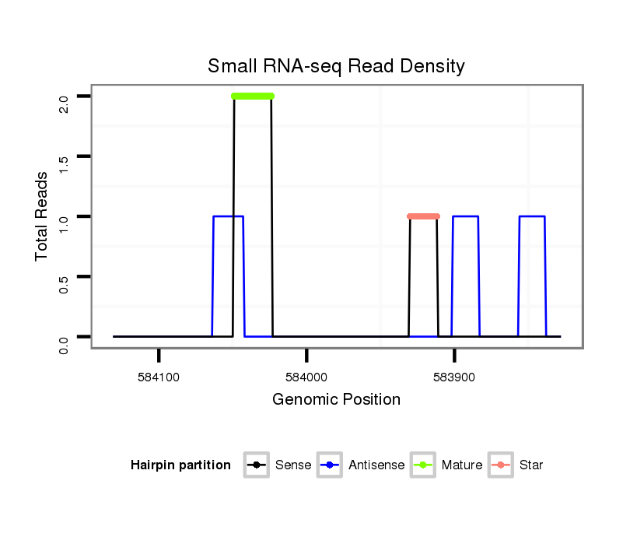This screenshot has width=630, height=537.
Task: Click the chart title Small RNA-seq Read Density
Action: tap(336, 66)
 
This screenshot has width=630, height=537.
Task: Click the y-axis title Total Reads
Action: tap(42, 216)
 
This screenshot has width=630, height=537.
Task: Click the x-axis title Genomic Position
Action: tap(336, 400)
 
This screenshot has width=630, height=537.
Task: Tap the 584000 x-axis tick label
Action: tap(306, 377)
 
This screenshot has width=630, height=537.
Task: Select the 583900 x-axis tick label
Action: tap(454, 377)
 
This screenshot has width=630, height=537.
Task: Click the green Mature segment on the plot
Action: tap(253, 97)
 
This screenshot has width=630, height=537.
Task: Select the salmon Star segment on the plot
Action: tap(424, 216)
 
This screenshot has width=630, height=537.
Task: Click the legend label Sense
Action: tap(293, 465)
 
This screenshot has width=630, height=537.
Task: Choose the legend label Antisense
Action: tap(376, 465)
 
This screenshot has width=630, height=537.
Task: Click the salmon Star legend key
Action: tap(502, 465)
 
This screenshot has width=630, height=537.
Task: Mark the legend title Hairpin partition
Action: tap(180, 465)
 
